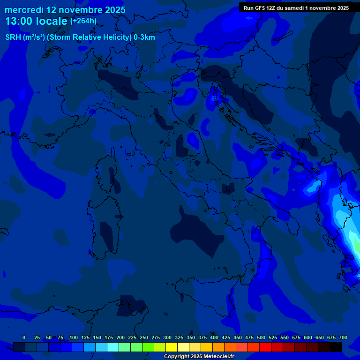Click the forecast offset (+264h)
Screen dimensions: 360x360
[83, 21]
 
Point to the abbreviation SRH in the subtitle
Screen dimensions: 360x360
[13, 37]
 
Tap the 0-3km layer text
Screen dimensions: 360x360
[144, 37]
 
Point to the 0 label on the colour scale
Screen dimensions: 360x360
[24, 337]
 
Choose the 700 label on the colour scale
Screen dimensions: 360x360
[343, 337]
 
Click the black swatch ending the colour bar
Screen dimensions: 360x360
[336, 347]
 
